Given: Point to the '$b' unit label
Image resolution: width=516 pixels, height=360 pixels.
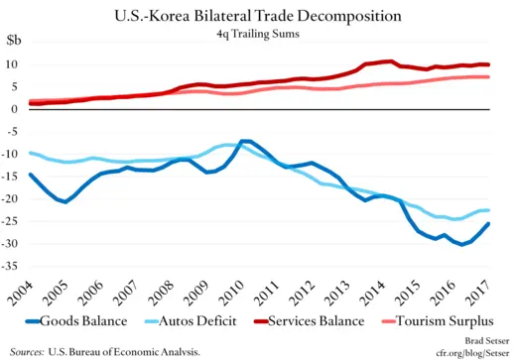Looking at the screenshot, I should click(x=16, y=42).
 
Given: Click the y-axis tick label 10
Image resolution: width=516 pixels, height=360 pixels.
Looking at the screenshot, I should click(x=15, y=64).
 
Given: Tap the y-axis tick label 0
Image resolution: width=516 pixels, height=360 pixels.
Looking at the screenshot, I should click(x=18, y=109).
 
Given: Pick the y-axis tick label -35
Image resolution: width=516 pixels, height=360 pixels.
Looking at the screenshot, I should click(x=13, y=267).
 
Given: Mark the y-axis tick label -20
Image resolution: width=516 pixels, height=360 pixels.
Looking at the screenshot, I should click(x=13, y=199).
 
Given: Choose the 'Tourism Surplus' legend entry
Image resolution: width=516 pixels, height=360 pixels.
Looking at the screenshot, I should click(x=446, y=323).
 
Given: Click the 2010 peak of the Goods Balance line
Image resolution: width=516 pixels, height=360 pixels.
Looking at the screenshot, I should click(x=244, y=141).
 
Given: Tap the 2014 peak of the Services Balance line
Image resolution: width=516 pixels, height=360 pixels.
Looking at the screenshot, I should click(x=388, y=61).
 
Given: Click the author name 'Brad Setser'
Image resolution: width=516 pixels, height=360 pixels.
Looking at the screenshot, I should click(x=480, y=338).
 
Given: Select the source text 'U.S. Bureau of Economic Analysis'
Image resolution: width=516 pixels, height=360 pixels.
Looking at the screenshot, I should click(x=127, y=350).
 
